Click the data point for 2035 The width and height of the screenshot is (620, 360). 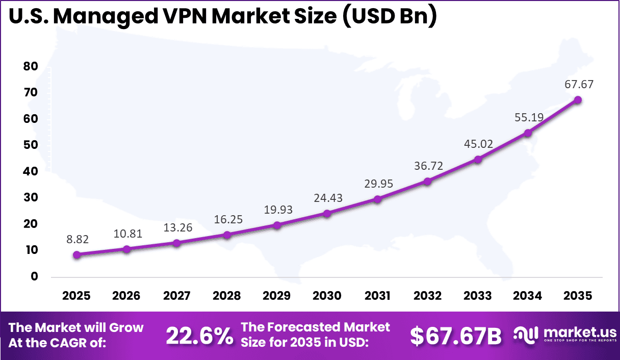coord(578,100)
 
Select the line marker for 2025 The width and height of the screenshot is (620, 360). coord(76,254)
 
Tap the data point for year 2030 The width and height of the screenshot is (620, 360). coord(327,213)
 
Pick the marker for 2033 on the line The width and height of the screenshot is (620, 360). coord(478,159)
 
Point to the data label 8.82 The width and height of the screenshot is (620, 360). coord(76,239)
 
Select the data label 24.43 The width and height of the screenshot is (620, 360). coord(328,198)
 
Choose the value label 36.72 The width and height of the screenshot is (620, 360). coord(428,166)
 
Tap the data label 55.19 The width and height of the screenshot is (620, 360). coord(529,117)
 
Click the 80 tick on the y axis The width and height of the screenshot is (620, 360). coord(31,66)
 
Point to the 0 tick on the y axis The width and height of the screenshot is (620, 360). coord(34,276)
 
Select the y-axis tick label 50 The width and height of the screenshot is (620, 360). coord(31,145)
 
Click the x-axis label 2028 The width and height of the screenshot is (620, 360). coord(227,296)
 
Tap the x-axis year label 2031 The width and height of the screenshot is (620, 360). coord(377,296)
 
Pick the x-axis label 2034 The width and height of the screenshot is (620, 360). coord(528,296)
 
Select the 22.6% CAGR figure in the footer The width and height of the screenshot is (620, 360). coord(199,336)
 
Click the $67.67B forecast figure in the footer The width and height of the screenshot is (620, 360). coord(456,336)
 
